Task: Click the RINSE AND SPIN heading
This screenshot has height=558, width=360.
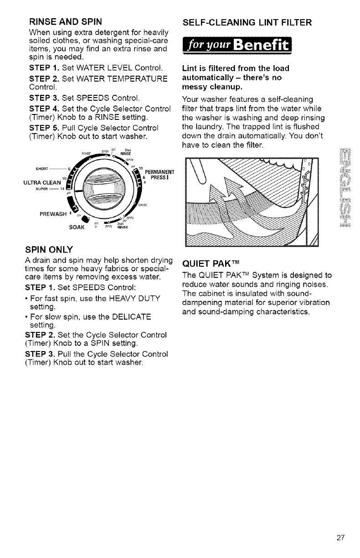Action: click(x=65, y=21)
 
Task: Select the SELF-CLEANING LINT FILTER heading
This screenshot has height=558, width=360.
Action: click(x=247, y=21)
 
